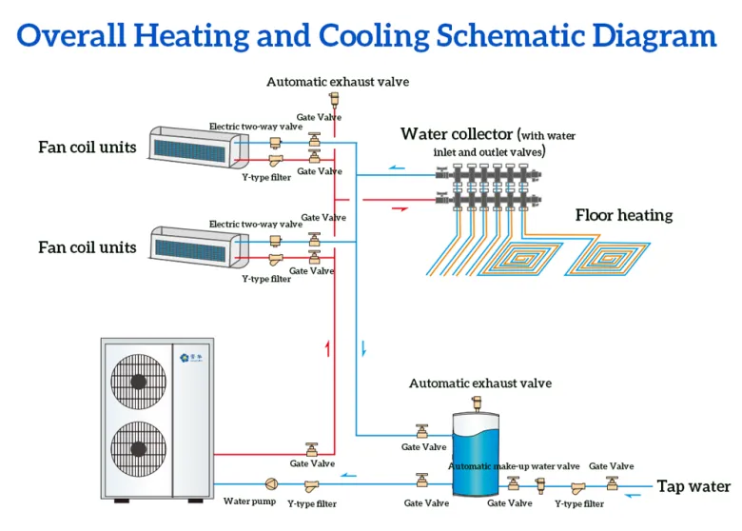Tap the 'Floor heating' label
623,215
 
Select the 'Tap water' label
693,486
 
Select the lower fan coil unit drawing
194,244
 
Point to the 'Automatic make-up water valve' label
514,466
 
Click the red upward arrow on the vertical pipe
327,348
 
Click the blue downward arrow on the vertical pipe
362,348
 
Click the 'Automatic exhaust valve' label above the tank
479,383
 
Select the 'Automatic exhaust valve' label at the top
337,82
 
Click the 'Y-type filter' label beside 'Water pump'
312,503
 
